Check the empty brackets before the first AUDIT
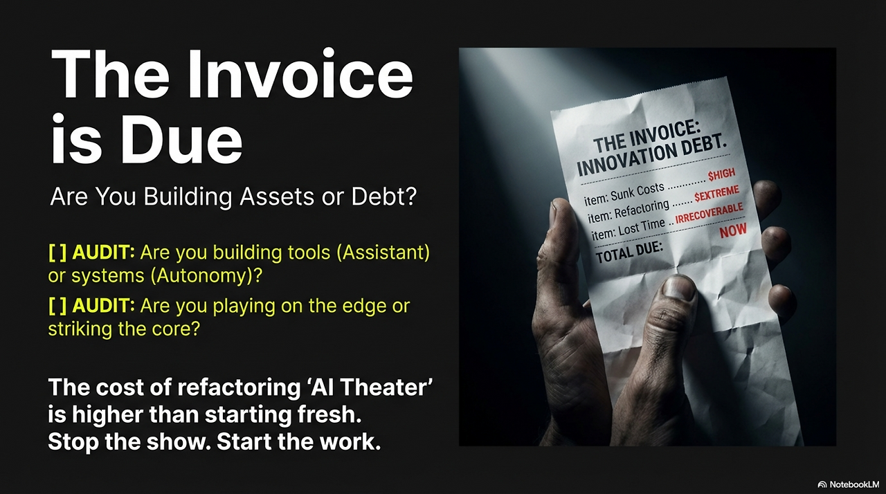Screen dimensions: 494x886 coord(57,252)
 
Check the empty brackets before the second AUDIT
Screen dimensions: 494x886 coord(57,306)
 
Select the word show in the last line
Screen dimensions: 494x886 coord(157,442)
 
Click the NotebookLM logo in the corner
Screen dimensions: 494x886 coord(847,484)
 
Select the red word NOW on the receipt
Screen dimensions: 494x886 coord(733,232)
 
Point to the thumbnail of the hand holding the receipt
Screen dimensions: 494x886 coord(647,247)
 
